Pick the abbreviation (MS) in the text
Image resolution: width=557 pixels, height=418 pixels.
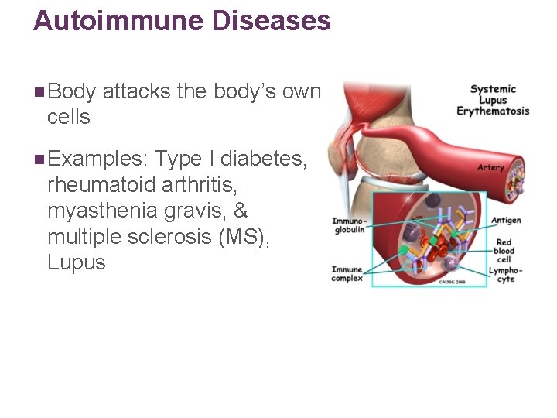click(x=245, y=237)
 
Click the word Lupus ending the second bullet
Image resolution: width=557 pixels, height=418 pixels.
click(x=76, y=262)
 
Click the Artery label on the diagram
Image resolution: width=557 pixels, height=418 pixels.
click(x=490, y=167)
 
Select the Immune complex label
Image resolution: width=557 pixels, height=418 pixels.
click(x=347, y=274)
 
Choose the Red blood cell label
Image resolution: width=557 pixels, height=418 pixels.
click(x=504, y=251)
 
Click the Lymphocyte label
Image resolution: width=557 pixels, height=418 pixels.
click(x=506, y=275)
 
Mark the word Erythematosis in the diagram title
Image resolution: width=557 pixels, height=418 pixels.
click(x=493, y=111)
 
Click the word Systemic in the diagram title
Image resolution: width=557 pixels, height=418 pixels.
click(x=493, y=89)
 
